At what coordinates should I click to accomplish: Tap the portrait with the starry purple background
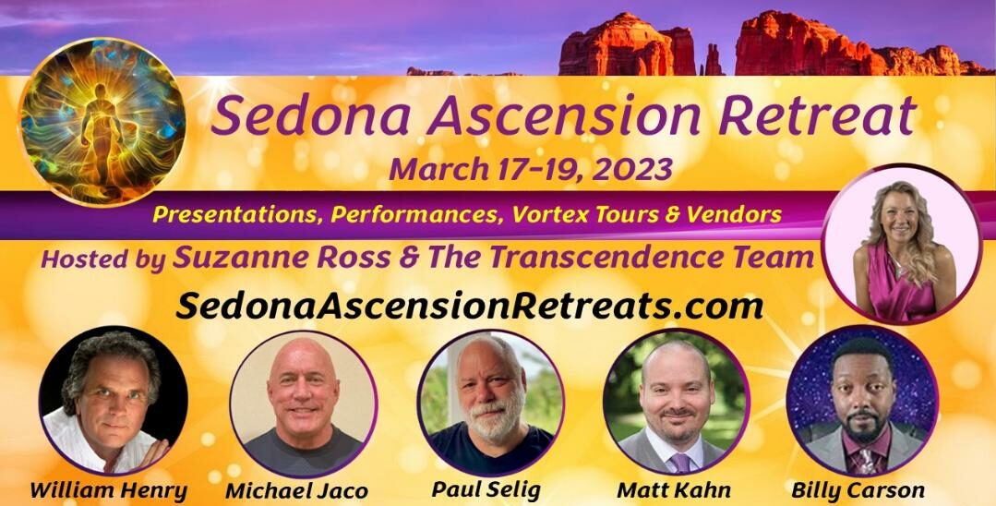coord(861,400)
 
